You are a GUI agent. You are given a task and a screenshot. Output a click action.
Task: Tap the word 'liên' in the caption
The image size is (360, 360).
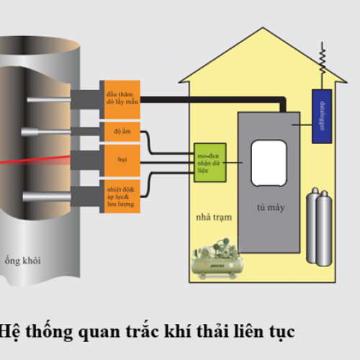click(x=236, y=332)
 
